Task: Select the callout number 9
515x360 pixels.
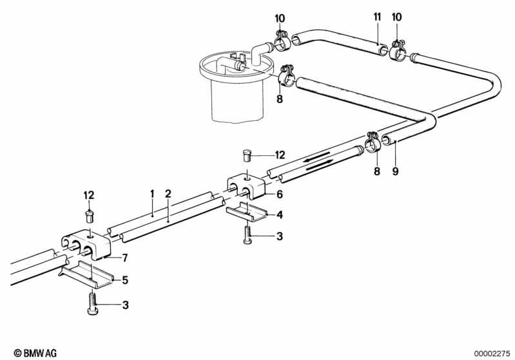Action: pyautogui.click(x=396, y=171)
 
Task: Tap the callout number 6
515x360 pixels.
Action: pyautogui.click(x=279, y=194)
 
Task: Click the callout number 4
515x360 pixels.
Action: pyautogui.click(x=279, y=214)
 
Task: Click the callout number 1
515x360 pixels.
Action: pyautogui.click(x=152, y=193)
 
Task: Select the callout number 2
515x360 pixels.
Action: pyautogui.click(x=168, y=193)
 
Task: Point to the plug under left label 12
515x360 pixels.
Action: pyautogui.click(x=90, y=213)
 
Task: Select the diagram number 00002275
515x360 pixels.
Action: pyautogui.click(x=491, y=352)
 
